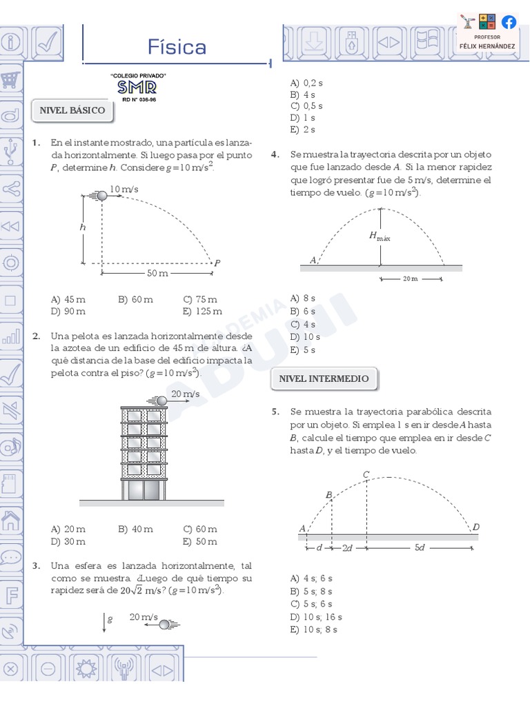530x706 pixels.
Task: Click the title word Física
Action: [177, 47]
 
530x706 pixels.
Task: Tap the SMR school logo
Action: [137, 87]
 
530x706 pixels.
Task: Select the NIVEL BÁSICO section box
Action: [72, 110]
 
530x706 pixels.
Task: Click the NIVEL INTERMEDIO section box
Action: [324, 379]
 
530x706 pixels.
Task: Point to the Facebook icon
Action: [509, 22]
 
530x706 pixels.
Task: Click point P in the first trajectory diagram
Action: [217, 263]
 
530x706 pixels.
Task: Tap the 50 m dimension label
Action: [157, 274]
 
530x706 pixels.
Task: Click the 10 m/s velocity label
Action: [124, 189]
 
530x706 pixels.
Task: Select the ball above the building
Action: [161, 401]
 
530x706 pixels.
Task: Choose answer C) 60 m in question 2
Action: [200, 529]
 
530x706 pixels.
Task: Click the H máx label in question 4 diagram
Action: [380, 236]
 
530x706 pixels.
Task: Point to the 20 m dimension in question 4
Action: [410, 279]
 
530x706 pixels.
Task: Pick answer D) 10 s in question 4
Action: [305, 336]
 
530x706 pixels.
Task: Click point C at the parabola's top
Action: [366, 474]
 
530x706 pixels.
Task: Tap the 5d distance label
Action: [420, 547]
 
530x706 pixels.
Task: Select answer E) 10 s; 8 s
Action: [313, 629]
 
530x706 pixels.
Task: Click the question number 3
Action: [36, 565]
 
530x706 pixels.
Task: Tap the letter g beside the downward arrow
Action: [110, 619]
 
